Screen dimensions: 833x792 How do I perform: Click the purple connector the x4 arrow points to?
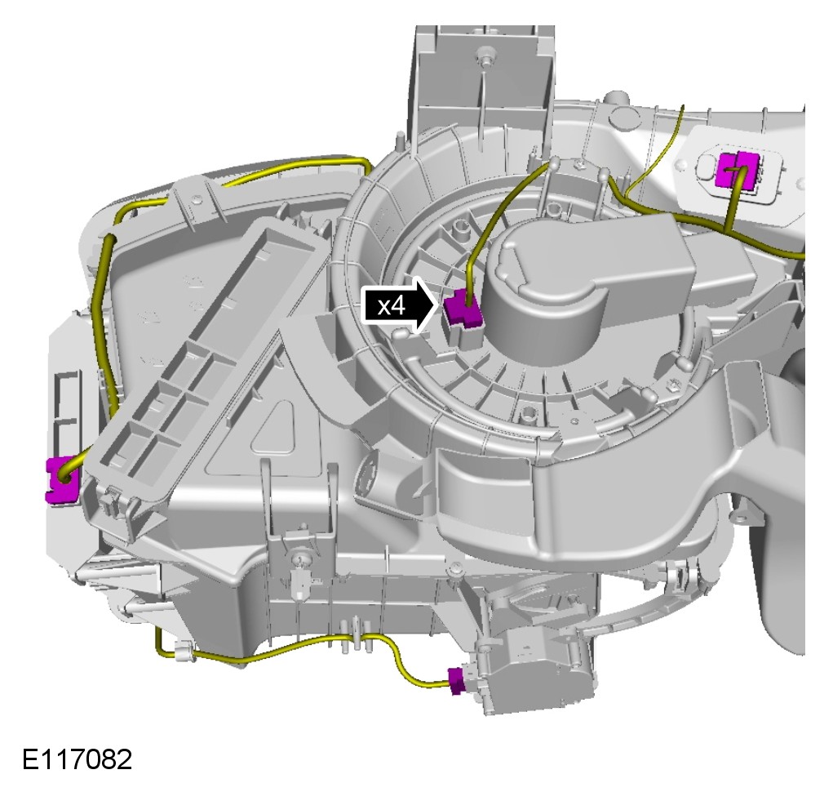tap(462, 310)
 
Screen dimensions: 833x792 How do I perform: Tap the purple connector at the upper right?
tap(738, 169)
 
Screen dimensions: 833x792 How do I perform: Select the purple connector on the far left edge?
tap(63, 478)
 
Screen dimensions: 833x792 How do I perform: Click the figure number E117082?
tap(77, 759)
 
